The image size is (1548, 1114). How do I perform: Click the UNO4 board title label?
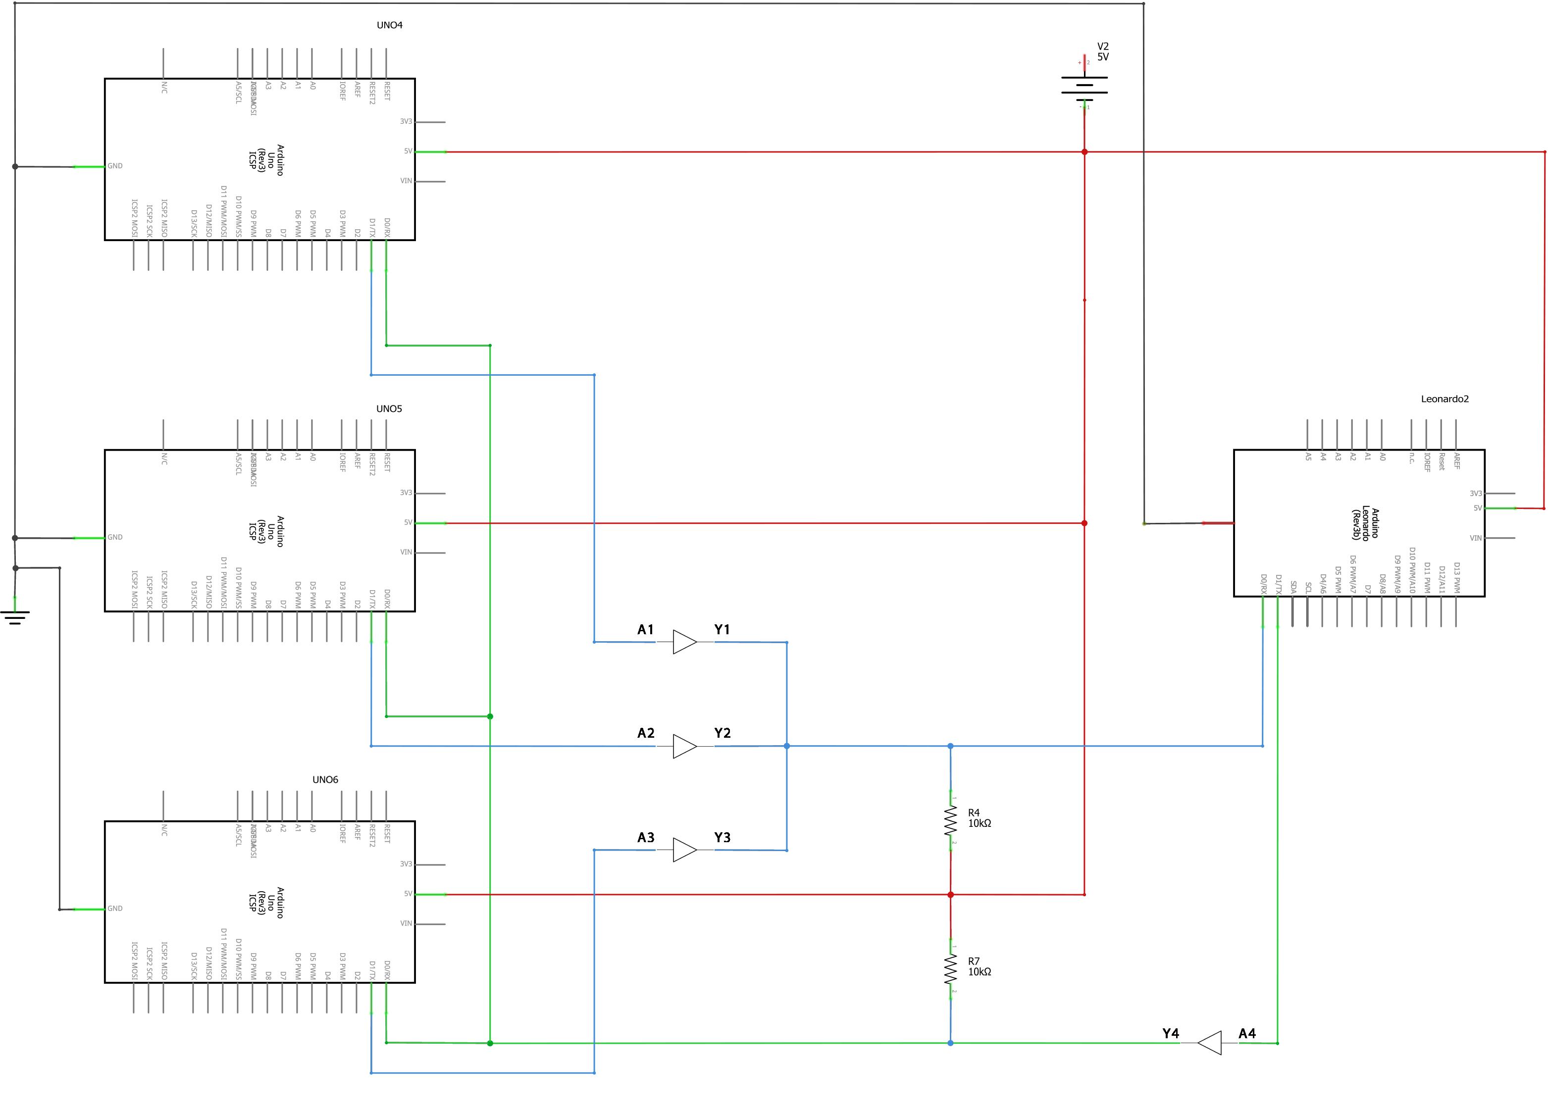point(390,25)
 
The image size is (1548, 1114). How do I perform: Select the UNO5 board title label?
point(389,409)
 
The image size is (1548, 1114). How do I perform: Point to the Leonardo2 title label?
point(1444,400)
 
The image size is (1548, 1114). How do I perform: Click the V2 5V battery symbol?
point(1084,87)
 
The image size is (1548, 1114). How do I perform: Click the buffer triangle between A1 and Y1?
point(684,642)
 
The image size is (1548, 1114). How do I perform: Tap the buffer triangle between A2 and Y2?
point(684,746)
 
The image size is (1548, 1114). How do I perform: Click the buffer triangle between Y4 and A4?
point(1209,1043)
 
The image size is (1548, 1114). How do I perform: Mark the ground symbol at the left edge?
point(15,618)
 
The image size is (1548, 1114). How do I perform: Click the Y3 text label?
point(722,838)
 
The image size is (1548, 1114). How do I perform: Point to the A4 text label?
point(1247,1033)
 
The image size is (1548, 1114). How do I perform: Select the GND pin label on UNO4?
point(115,166)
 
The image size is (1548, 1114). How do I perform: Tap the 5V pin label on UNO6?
point(408,894)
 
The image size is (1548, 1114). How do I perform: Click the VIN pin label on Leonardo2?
point(1476,538)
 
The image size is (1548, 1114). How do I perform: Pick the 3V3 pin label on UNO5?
point(406,493)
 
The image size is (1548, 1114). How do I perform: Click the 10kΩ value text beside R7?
point(980,972)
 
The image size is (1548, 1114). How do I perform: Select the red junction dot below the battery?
point(1084,152)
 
